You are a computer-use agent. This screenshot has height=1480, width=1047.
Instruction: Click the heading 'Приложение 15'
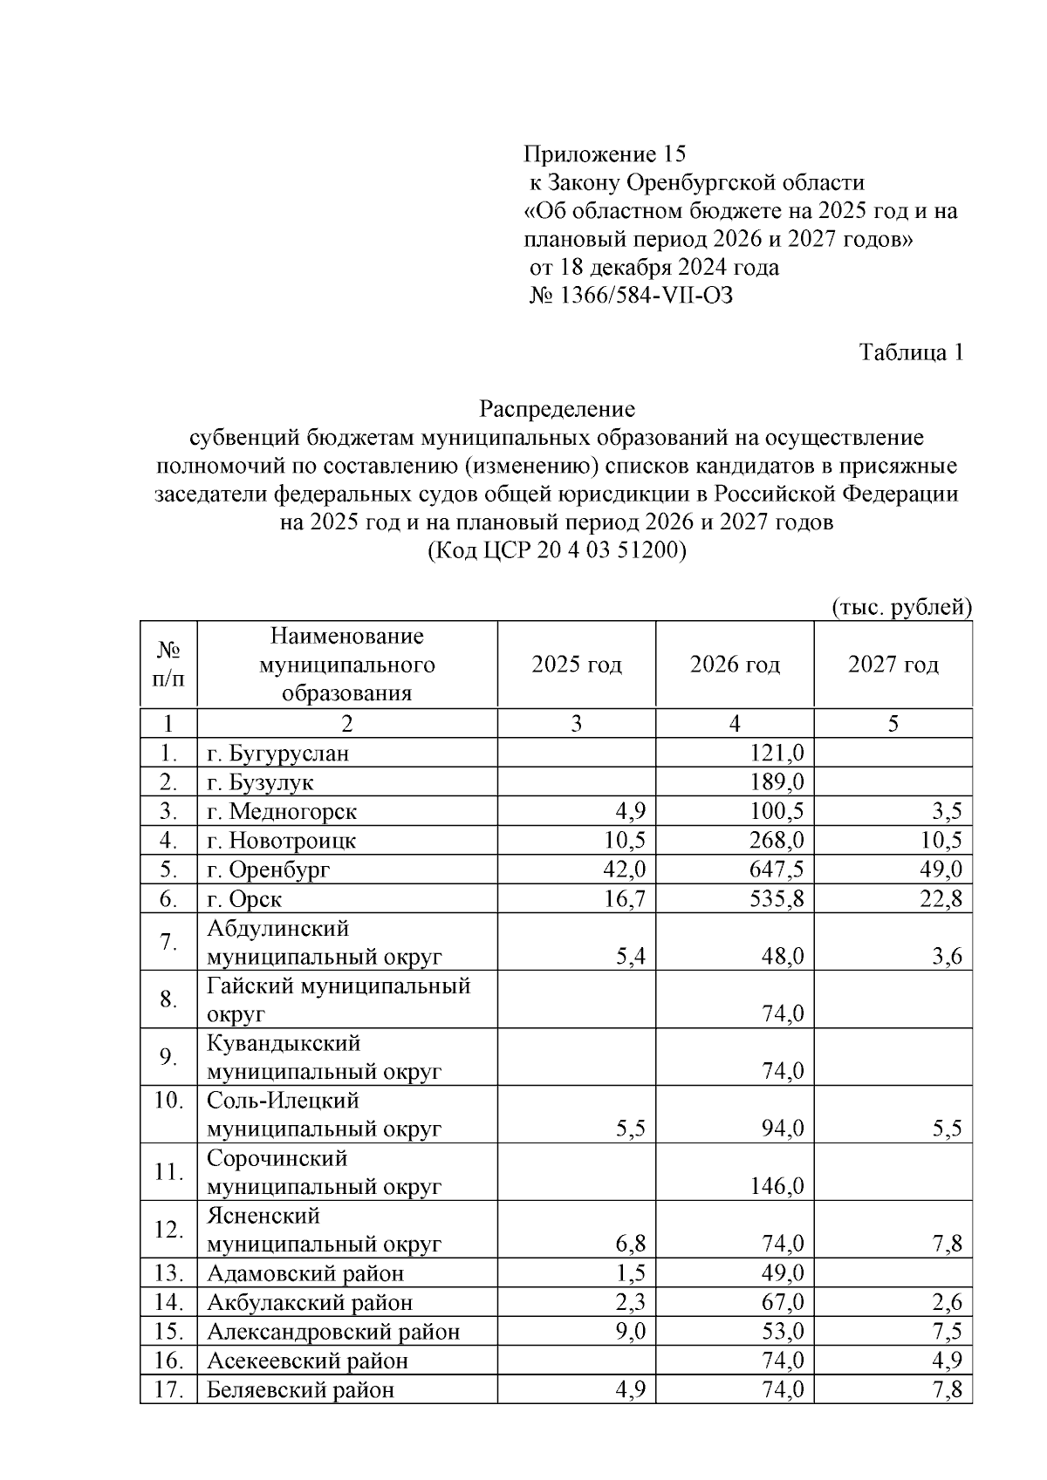[605, 154]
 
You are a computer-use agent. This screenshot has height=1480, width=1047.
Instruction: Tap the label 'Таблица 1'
[911, 352]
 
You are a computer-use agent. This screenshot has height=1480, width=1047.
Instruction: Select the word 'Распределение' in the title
[558, 409]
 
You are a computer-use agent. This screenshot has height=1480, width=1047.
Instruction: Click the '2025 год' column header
[577, 665]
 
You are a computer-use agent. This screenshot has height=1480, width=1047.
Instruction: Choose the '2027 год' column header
[893, 665]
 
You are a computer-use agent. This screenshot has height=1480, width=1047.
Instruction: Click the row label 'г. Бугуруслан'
[278, 754]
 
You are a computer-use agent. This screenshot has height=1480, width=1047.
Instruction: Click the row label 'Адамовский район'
[305, 1273]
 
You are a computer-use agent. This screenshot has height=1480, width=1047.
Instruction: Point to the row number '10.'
[168, 1101]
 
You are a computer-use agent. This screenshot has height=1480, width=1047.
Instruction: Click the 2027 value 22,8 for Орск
[941, 898]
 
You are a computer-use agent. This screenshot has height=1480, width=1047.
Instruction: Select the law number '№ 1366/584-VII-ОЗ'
[631, 296]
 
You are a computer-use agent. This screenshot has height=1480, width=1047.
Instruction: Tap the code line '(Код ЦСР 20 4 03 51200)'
[558, 551]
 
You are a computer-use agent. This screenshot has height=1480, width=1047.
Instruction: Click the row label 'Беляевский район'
[300, 1389]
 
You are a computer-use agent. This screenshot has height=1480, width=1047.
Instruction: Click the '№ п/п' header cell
[168, 665]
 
